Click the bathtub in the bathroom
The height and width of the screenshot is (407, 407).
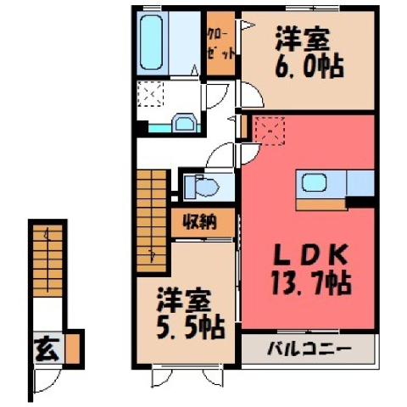tap(151, 42)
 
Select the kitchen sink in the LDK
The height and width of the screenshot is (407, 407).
tap(315, 182)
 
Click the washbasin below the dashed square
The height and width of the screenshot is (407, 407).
tap(184, 122)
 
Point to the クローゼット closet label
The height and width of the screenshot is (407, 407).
tap(221, 43)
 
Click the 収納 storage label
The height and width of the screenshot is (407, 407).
tap(200, 222)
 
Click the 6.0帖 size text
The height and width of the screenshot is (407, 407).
tap(309, 67)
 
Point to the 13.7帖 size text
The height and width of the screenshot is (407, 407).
tap(311, 283)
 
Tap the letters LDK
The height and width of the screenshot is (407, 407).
tap(311, 254)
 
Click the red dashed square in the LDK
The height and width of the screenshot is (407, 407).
tap(270, 131)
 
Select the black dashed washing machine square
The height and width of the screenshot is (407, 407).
tap(150, 93)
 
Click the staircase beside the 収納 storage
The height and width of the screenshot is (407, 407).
tap(152, 220)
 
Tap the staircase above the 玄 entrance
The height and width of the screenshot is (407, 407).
tap(47, 260)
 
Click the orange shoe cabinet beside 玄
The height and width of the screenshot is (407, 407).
tap(73, 348)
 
